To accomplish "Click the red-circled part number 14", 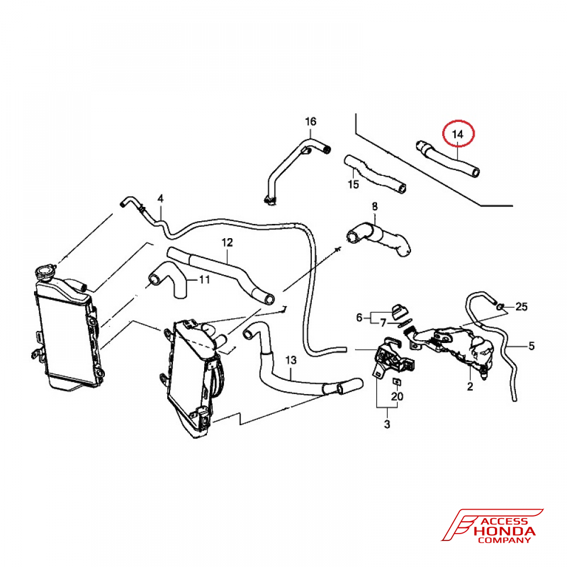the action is (458, 134).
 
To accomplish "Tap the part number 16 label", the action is (311, 121).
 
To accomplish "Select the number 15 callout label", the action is (353, 184).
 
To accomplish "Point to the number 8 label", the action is (375, 206).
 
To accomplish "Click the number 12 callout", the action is (227, 242).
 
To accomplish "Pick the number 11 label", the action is (205, 280).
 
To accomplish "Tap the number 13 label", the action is (291, 360).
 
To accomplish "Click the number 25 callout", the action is (522, 307).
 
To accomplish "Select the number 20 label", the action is (397, 397).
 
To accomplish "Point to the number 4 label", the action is (160, 198).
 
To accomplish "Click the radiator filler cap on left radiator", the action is (45, 272).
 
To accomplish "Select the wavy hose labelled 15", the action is (375, 174).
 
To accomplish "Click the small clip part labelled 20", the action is (397, 382).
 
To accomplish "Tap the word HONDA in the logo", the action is (505, 531).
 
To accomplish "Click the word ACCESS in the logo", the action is (504, 522).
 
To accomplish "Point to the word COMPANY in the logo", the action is (504, 540).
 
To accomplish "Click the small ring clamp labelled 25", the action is (500, 307).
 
